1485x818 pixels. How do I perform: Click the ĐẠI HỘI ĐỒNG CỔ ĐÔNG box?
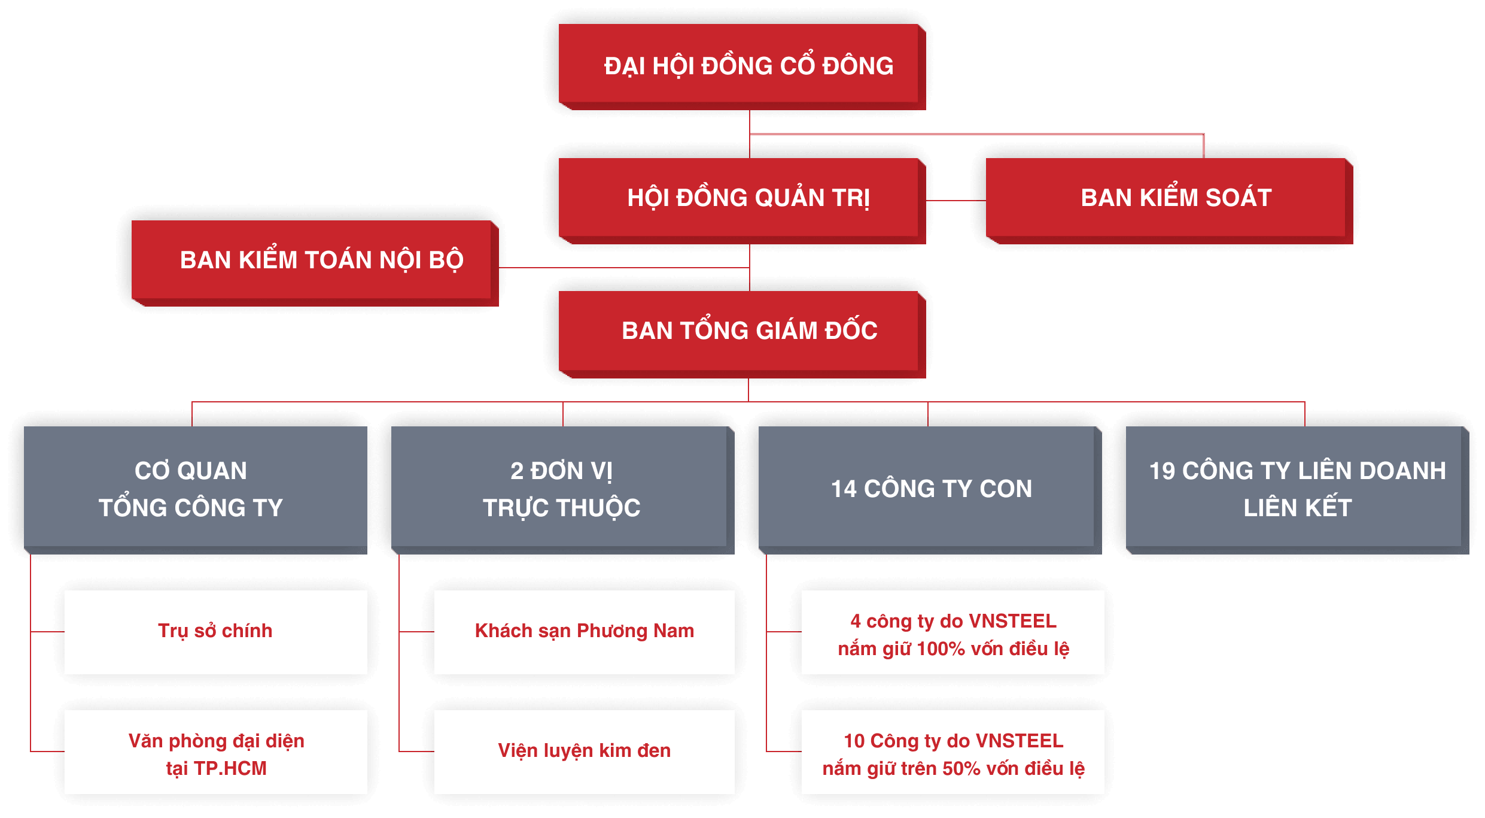[x=742, y=66]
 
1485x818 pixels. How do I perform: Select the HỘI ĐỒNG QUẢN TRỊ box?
[x=742, y=199]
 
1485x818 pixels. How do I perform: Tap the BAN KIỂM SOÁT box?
[x=1169, y=199]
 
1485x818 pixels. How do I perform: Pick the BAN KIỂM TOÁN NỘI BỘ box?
[x=315, y=261]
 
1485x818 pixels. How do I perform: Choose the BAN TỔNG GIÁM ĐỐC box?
[x=742, y=332]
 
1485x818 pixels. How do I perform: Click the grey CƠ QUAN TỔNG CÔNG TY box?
[x=195, y=489]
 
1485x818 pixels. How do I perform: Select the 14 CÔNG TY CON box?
[x=930, y=489]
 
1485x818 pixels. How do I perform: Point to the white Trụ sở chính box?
[x=215, y=632]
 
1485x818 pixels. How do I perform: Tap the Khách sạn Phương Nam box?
[x=584, y=632]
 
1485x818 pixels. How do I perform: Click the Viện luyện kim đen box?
[x=584, y=752]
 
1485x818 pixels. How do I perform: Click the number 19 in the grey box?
[x=1162, y=471]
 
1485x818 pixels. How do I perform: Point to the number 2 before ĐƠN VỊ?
[x=517, y=471]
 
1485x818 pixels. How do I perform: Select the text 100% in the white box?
[x=941, y=649]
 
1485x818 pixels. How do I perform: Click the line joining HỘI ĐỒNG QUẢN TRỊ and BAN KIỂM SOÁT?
[x=956, y=201]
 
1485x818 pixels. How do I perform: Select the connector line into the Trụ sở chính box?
[x=48, y=631]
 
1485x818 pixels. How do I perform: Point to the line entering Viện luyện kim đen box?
[x=416, y=751]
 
